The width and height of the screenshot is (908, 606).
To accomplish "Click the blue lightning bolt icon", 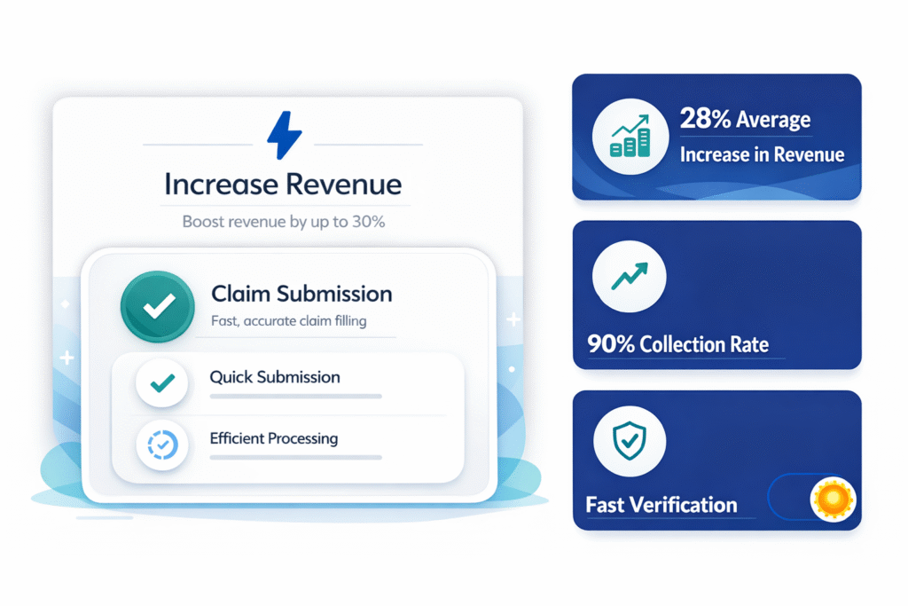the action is pyautogui.click(x=285, y=135).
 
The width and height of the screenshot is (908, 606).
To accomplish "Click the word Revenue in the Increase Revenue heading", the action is pyautogui.click(x=343, y=185).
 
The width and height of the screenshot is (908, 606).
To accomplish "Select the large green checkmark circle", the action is pyautogui.click(x=158, y=306).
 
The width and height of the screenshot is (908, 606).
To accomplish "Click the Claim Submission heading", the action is pyautogui.click(x=301, y=294).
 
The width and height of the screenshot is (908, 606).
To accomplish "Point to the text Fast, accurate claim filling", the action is pyautogui.click(x=288, y=321).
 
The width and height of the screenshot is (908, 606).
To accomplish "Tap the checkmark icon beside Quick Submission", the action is pyautogui.click(x=162, y=383).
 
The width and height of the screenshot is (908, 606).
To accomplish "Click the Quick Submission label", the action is pyautogui.click(x=275, y=377).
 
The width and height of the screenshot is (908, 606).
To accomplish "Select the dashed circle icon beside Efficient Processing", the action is pyautogui.click(x=162, y=445).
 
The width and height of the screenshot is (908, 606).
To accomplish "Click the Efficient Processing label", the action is pyautogui.click(x=273, y=438).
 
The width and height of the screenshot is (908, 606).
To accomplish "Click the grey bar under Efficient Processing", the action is pyautogui.click(x=296, y=458).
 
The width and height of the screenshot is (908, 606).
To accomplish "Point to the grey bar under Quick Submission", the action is pyautogui.click(x=296, y=397).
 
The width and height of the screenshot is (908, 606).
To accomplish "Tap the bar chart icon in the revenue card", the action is pyautogui.click(x=630, y=137).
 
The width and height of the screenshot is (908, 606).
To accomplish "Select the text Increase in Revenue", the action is pyautogui.click(x=762, y=154).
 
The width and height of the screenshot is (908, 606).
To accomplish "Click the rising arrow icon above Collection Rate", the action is pyautogui.click(x=630, y=276).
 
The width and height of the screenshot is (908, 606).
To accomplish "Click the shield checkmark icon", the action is pyautogui.click(x=630, y=441).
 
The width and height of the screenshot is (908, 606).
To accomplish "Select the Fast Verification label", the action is pyautogui.click(x=661, y=505).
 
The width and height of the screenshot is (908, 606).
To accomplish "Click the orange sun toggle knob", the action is pyautogui.click(x=833, y=499).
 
